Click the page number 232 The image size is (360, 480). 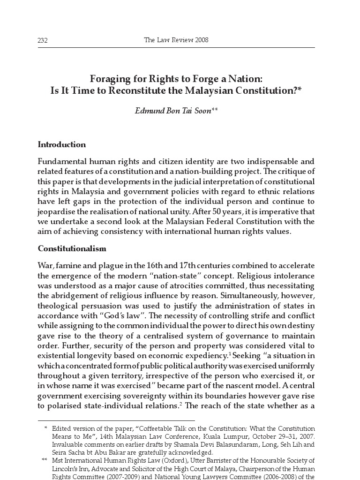(x=43, y=41)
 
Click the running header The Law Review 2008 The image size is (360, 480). (x=176, y=40)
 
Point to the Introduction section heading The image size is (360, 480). (x=61, y=144)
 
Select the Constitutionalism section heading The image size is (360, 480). (x=72, y=248)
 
